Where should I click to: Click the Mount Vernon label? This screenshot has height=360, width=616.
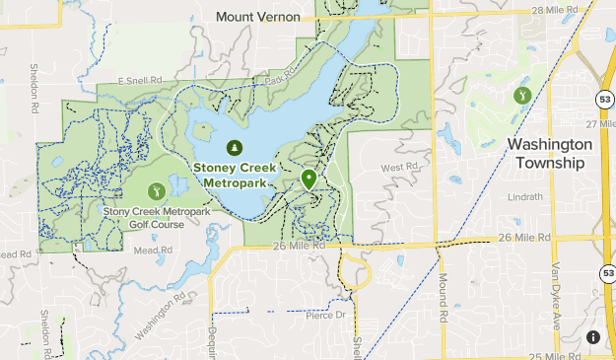tap(257, 17)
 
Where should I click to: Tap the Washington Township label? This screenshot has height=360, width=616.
tap(550, 153)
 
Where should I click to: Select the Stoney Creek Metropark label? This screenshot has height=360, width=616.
tap(234, 175)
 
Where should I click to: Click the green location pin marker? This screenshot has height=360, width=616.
tap(308, 180)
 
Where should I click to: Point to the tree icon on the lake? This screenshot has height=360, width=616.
tap(234, 148)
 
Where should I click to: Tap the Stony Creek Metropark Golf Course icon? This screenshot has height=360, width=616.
tap(155, 189)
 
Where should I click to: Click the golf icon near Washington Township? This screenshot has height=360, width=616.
tap(521, 95)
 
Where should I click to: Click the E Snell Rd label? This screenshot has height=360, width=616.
tap(137, 80)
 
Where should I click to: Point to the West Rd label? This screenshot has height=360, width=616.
tap(392, 168)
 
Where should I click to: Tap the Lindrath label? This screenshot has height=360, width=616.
tap(524, 196)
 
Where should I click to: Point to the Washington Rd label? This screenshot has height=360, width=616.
tap(162, 312)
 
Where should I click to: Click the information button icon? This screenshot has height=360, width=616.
tap(592, 337)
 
